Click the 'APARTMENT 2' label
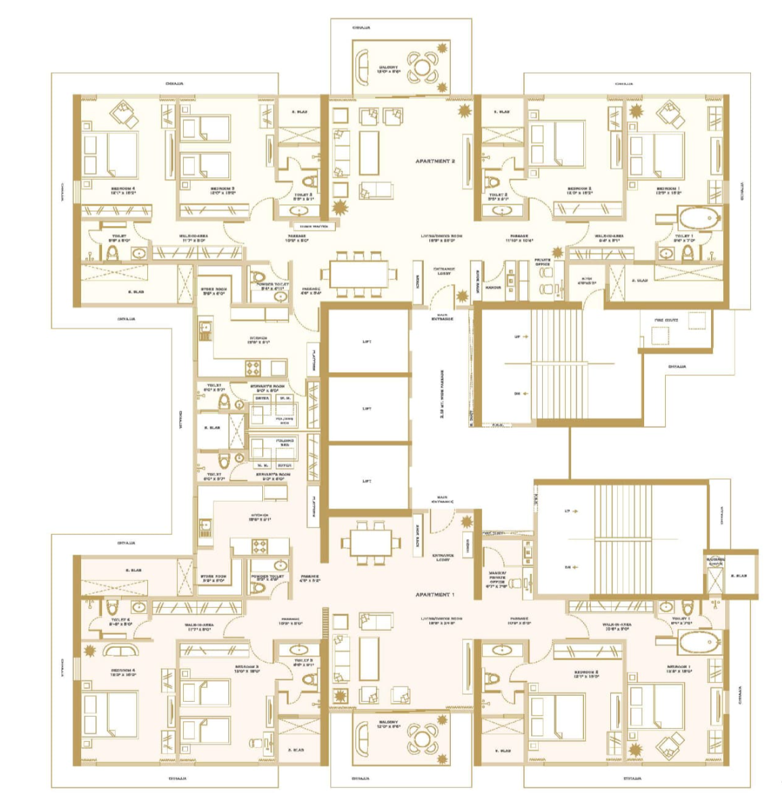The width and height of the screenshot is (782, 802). point(435,162)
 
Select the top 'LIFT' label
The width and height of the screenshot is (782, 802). point(367,342)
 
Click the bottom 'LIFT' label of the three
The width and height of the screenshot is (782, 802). point(367,481)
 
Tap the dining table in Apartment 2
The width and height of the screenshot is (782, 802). point(359,275)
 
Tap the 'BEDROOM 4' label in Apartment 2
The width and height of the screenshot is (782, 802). point(123,190)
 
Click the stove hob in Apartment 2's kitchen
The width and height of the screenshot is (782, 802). point(253,369)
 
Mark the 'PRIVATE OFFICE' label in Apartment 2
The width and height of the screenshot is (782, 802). point(542,261)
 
